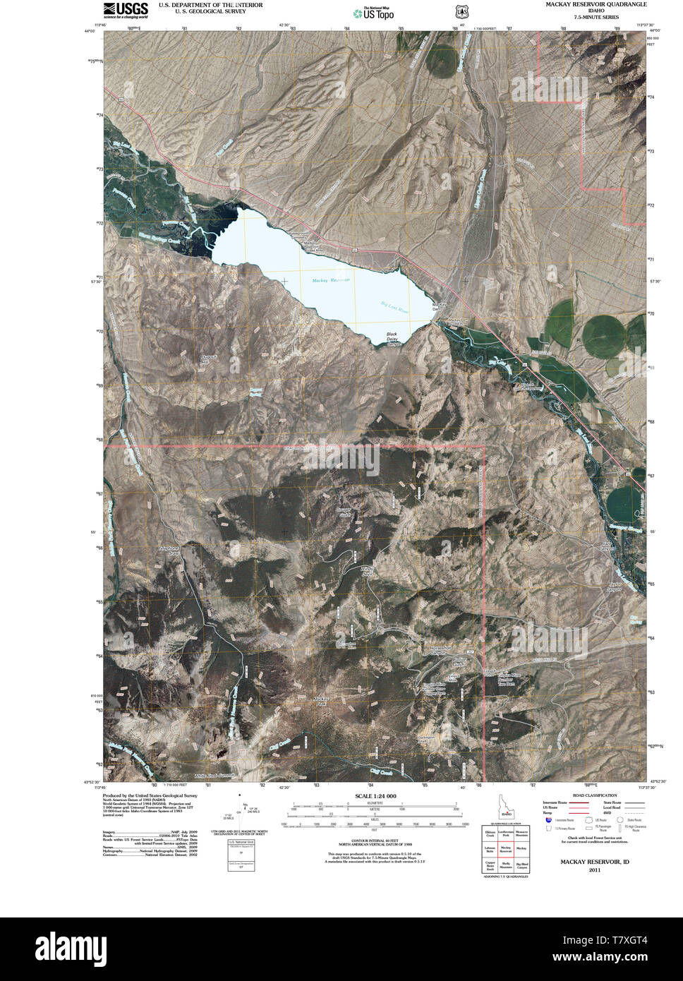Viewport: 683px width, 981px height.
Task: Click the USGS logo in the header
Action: [x=126, y=9]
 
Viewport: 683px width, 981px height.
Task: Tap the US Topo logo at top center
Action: [x=374, y=13]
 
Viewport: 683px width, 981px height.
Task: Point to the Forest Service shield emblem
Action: [x=461, y=12]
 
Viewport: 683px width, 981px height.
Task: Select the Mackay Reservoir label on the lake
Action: [x=330, y=280]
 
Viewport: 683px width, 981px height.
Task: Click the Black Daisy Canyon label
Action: [x=393, y=339]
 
